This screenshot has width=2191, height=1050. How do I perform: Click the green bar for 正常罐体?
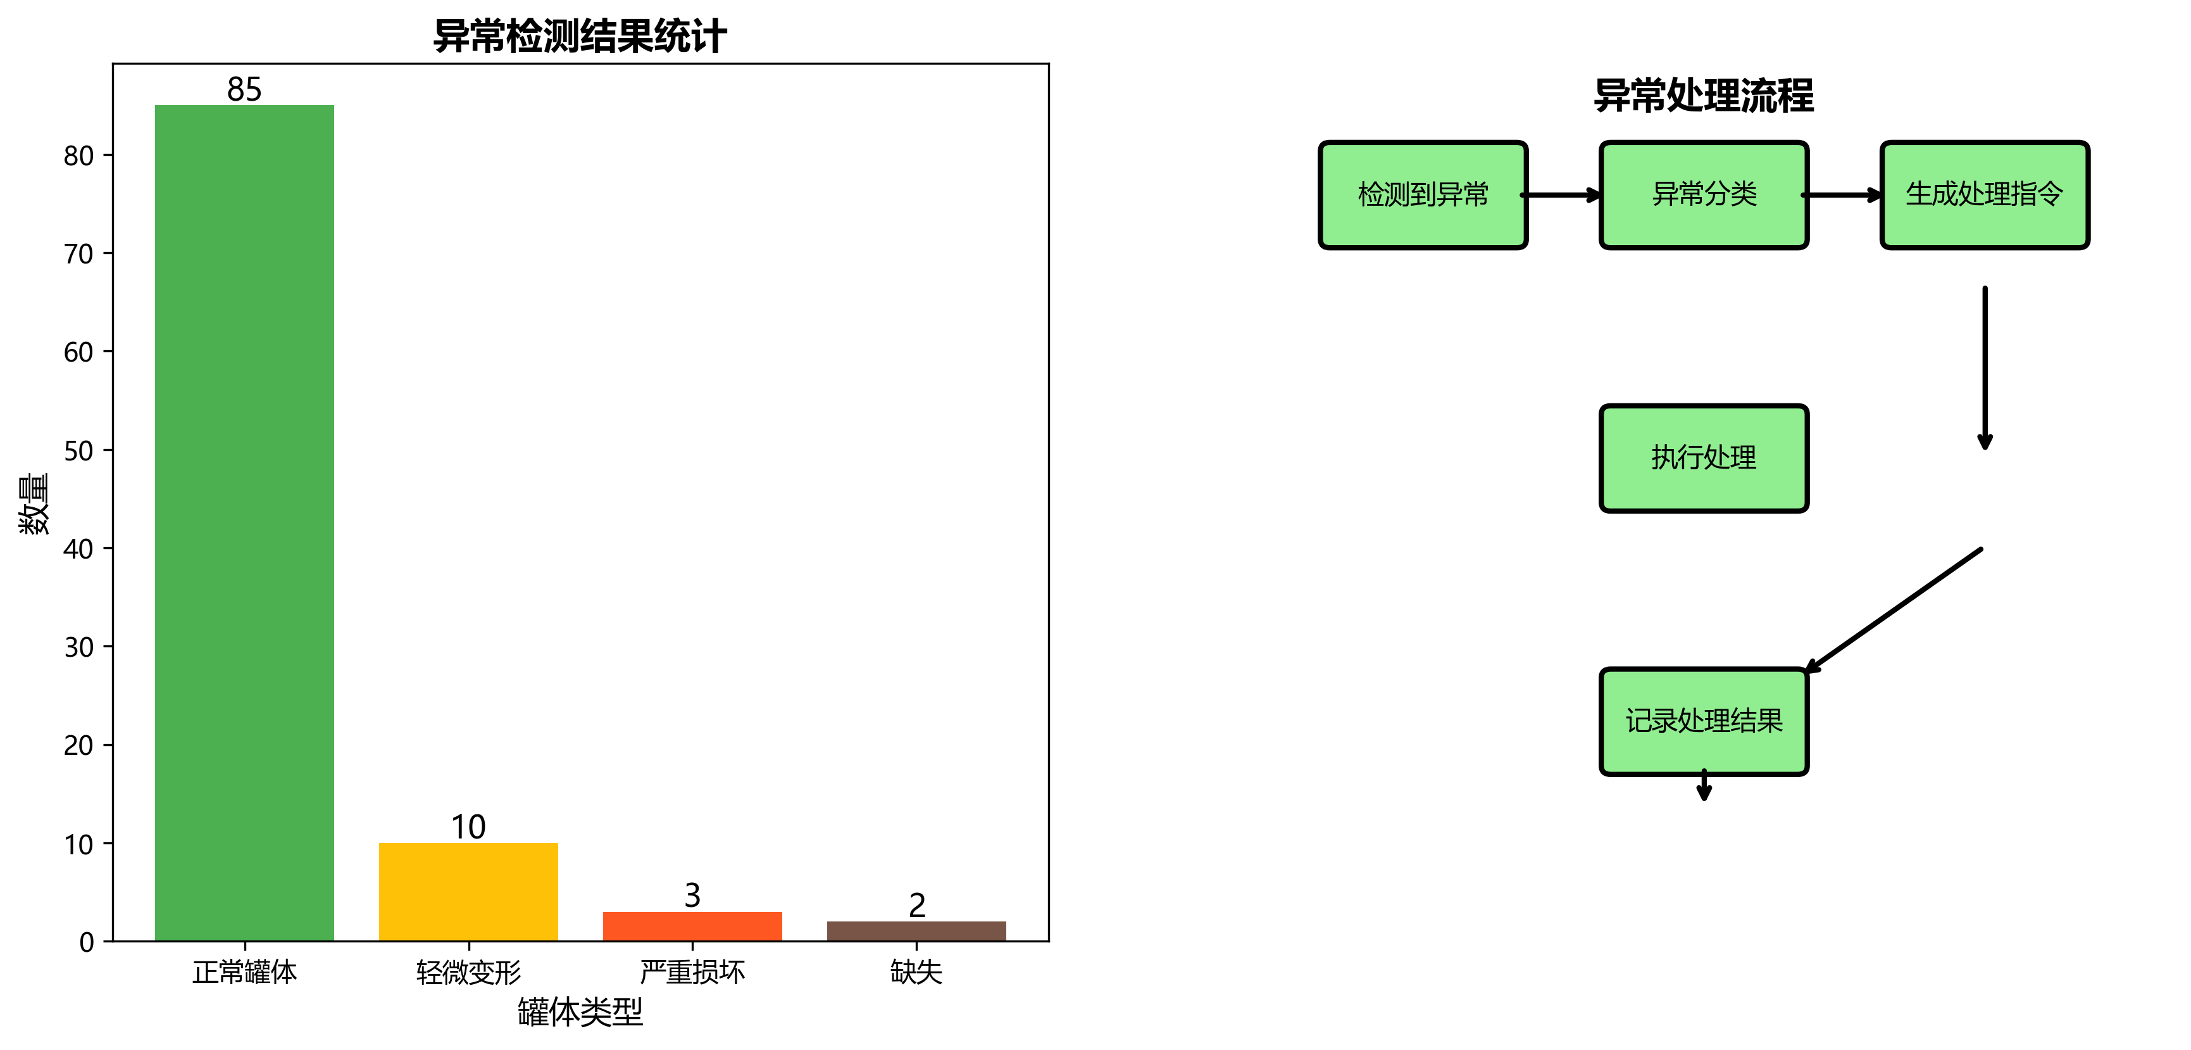244,522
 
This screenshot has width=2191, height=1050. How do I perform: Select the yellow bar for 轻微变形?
468,891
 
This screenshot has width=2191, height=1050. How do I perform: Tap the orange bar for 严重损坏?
692,926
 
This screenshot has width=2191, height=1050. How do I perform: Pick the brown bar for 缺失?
916,931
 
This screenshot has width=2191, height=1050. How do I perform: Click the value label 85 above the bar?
244,89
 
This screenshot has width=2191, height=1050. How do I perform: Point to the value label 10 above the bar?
468,827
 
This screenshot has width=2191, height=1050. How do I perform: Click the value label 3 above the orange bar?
692,895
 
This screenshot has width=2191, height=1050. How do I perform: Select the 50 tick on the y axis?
79,451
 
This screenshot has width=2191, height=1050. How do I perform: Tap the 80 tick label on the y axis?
79,156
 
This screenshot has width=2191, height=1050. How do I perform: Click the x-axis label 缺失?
916,971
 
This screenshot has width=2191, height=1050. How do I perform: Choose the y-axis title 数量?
34,503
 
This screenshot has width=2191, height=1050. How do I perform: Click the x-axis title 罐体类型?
580,1012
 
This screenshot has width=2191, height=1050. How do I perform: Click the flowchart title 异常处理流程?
1704,95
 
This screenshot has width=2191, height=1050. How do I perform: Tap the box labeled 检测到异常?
1423,195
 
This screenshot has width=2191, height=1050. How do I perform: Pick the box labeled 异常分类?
1704,195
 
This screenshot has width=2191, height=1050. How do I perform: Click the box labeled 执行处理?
1704,458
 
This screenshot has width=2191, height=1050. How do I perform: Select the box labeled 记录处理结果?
1704,721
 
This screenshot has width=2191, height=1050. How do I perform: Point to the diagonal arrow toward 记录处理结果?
1894,610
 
